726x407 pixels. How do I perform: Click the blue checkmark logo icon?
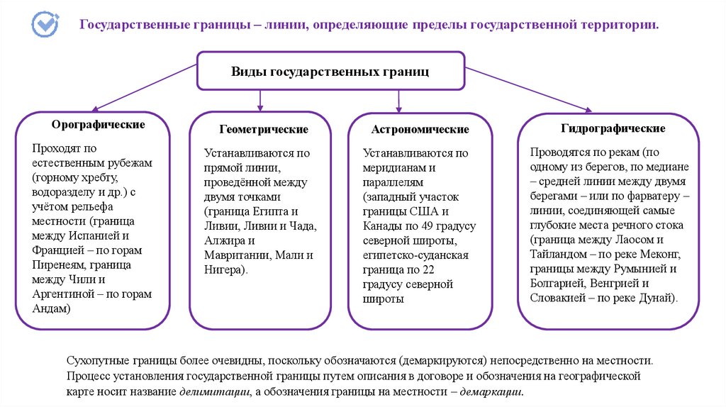[45, 23]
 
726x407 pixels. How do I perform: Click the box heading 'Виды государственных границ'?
[330, 71]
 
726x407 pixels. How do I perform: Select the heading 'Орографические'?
[99, 125]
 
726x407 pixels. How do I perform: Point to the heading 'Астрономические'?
[420, 130]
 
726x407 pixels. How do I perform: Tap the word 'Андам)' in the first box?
[52, 309]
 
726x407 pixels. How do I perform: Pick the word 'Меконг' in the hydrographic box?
[661, 254]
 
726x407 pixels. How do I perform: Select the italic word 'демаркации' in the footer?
[491, 391]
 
